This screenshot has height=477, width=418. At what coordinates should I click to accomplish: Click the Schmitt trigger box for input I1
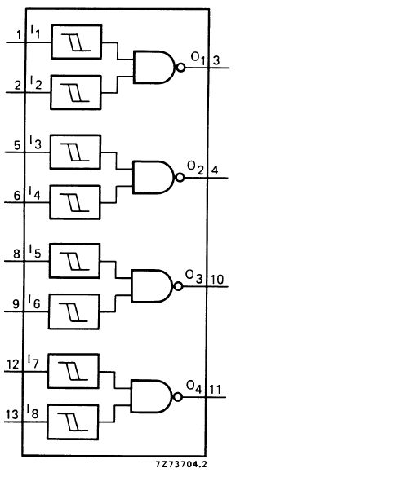point(77,42)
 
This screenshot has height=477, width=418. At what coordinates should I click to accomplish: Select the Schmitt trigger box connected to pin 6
point(75,202)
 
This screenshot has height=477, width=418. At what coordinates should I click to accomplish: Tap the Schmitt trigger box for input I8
point(73,422)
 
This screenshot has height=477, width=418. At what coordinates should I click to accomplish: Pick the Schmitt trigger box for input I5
point(74,261)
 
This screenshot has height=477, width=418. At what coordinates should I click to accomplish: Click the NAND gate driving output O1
point(154,67)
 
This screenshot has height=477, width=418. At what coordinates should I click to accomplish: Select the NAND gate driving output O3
point(153,286)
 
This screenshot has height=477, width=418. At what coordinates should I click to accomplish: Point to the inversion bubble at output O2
point(180,178)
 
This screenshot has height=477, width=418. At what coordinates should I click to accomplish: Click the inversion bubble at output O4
point(178,397)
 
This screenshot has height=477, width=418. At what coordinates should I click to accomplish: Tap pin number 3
point(216,60)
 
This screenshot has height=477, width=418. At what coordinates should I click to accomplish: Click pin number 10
point(217,279)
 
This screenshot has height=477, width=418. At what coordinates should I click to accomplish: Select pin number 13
point(12,415)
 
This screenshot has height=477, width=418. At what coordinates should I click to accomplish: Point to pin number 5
point(17,145)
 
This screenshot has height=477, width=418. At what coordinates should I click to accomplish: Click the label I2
point(36,82)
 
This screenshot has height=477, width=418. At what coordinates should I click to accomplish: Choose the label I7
point(33,361)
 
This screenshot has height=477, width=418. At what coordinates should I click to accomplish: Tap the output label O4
point(194,387)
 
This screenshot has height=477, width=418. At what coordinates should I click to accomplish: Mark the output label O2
point(195,168)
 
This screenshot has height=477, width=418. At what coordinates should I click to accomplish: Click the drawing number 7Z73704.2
point(181,464)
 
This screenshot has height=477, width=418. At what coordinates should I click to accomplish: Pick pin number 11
point(215,390)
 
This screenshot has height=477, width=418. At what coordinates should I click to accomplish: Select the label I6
point(34,302)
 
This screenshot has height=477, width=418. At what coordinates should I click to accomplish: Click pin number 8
point(16,254)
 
